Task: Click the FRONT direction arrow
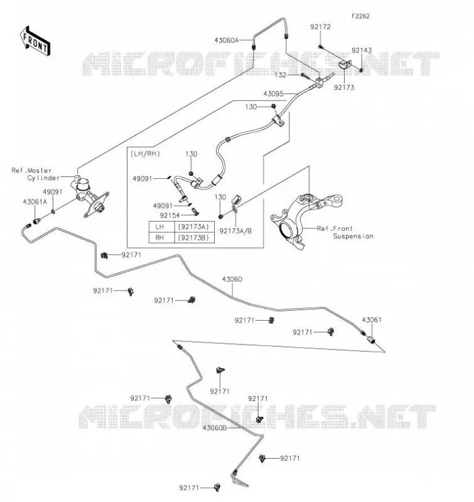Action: point(35,41)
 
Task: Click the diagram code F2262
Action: point(360,16)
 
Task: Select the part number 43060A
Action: point(227,40)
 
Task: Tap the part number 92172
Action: point(320,27)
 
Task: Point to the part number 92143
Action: point(362,50)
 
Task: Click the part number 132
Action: point(280,75)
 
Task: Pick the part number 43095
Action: point(274,93)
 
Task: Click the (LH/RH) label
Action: point(145,154)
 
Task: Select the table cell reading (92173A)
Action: point(193,227)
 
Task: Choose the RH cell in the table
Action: point(159,238)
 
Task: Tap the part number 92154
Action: point(170,215)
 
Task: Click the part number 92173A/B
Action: point(235,231)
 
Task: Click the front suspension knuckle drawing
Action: point(306,220)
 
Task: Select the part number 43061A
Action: point(35,202)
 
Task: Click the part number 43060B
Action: point(215,428)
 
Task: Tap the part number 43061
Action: point(372,320)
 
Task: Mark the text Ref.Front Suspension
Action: point(345,232)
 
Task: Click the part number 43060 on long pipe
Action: point(232,279)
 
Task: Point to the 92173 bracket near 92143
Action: point(345,65)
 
